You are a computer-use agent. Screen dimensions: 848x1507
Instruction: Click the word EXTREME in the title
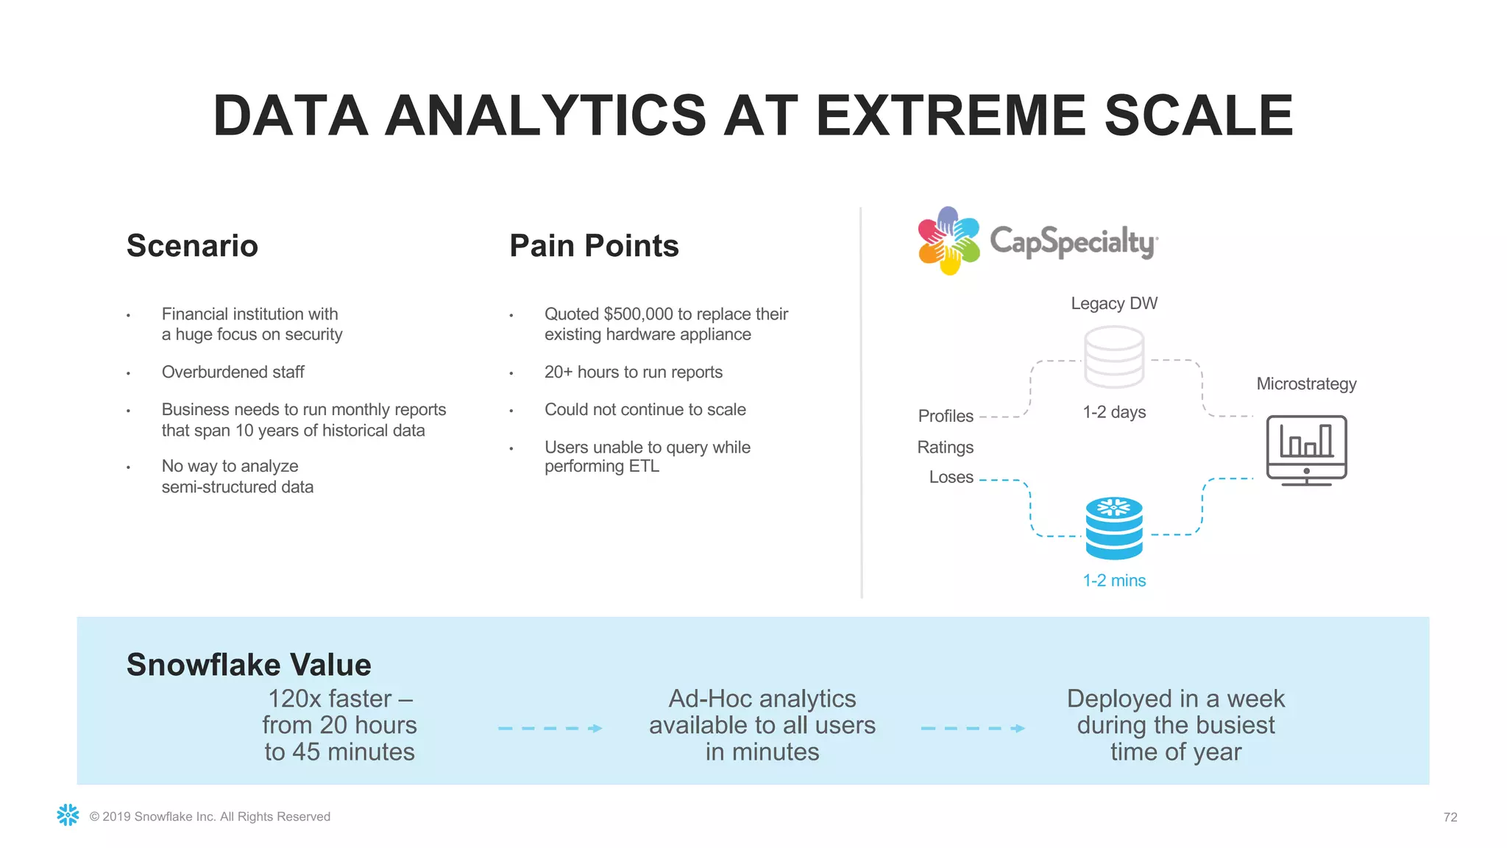point(949,116)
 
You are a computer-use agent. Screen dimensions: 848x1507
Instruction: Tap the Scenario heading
point(192,246)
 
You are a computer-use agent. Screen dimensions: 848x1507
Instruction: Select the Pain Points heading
point(594,246)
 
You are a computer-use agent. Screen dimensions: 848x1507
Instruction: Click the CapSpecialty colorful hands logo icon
point(948,241)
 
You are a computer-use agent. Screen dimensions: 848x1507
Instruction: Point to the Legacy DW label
point(1113,303)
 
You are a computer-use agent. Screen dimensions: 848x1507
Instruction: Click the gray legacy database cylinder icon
point(1113,357)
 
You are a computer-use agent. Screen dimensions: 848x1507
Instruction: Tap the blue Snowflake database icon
point(1113,528)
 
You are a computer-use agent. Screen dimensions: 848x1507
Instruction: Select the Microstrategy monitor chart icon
point(1306,450)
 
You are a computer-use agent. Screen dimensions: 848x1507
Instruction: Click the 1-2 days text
point(1113,412)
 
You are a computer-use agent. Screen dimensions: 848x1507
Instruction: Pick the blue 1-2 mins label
point(1113,581)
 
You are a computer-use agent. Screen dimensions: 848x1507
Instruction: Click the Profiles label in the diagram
point(945,416)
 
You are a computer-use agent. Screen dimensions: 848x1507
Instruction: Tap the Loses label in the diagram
point(951,477)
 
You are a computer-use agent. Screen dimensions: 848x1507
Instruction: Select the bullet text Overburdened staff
point(233,372)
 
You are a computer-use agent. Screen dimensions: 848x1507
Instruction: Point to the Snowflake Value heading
point(249,665)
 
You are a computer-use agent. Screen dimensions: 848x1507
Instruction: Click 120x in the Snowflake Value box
point(293,699)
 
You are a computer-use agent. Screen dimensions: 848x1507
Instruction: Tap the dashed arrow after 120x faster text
point(550,728)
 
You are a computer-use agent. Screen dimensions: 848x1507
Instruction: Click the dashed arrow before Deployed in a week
point(973,728)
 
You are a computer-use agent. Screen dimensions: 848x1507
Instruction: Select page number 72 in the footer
point(1450,817)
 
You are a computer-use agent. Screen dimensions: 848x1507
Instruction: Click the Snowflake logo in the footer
point(68,815)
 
